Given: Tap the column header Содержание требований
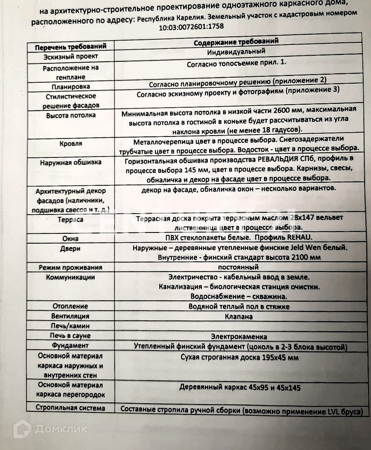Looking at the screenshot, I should [x=236, y=42].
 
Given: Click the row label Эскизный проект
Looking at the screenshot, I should [x=71, y=57].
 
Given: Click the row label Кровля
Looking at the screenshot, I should [x=71, y=144].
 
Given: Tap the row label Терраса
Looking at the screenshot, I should [x=70, y=220].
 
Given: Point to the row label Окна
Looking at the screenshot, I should [x=70, y=239].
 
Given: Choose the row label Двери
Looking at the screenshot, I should [x=70, y=249].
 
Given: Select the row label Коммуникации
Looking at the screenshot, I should [x=70, y=278].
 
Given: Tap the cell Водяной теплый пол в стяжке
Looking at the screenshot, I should [x=239, y=306].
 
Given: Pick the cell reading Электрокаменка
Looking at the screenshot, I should [x=239, y=336].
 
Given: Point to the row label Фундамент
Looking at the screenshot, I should [x=70, y=345].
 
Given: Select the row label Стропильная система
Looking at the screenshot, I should [x=70, y=408].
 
